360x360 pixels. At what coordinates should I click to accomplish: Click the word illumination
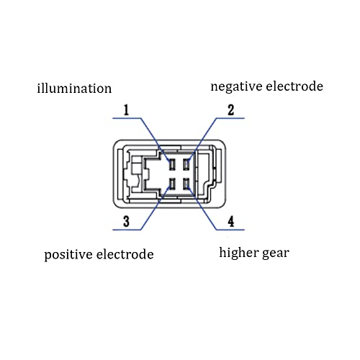point(74,88)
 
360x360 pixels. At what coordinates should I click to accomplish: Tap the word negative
point(236,86)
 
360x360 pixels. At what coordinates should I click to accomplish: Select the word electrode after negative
point(294,86)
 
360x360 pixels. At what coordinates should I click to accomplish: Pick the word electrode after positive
point(125,254)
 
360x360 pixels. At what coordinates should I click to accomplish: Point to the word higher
point(238,253)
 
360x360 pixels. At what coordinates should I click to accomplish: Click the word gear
point(276,253)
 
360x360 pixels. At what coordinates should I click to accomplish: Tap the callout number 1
point(126,110)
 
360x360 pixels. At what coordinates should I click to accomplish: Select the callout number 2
point(230,110)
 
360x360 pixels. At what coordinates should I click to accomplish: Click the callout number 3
point(126,221)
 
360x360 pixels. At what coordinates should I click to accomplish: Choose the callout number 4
point(230,221)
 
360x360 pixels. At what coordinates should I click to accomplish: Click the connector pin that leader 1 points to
point(172,165)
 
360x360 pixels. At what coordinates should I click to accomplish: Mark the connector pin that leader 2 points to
point(186,165)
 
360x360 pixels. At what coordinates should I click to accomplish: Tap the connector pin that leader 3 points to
point(172,184)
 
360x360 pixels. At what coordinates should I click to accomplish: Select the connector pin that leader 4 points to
point(186,184)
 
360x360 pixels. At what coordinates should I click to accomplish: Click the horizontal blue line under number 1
point(127,118)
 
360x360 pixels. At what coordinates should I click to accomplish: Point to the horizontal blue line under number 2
point(230,118)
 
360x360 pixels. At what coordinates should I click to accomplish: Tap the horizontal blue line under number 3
point(127,230)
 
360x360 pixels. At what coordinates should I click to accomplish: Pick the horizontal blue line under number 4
point(230,230)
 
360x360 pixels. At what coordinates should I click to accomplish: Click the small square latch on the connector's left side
point(136,166)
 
